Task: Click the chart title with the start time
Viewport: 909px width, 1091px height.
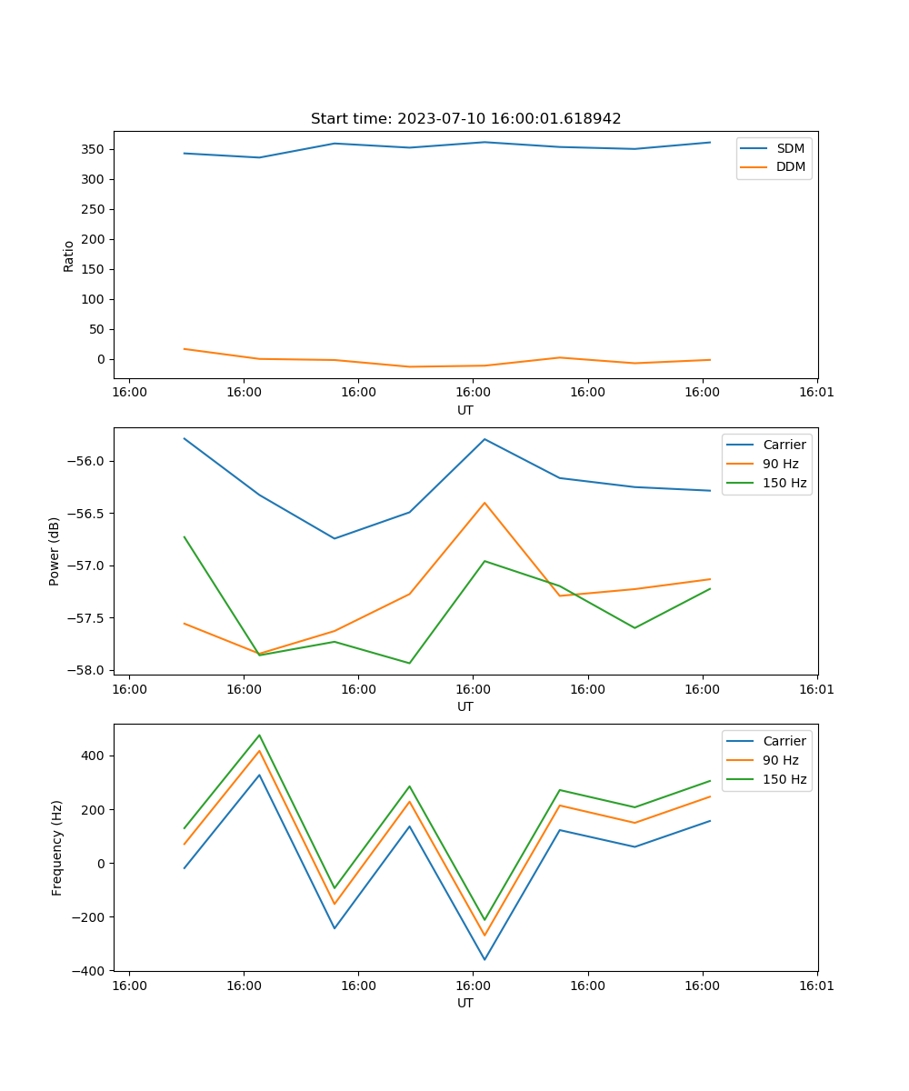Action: [465, 119]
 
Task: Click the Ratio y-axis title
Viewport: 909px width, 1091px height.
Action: [69, 255]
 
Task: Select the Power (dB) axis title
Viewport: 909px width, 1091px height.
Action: [55, 551]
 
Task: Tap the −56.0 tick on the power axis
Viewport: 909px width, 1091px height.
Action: [88, 461]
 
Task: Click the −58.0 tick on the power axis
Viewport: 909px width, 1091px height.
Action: [88, 670]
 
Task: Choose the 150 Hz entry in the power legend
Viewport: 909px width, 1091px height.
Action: [784, 483]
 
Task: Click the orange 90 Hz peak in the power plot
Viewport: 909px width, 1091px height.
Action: [484, 502]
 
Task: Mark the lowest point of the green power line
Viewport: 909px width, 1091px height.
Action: [409, 663]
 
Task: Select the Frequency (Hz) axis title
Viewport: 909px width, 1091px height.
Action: [56, 847]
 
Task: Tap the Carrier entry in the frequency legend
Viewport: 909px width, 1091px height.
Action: [784, 741]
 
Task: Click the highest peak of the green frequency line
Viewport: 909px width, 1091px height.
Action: [259, 735]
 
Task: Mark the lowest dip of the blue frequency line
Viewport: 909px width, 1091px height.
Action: [484, 959]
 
